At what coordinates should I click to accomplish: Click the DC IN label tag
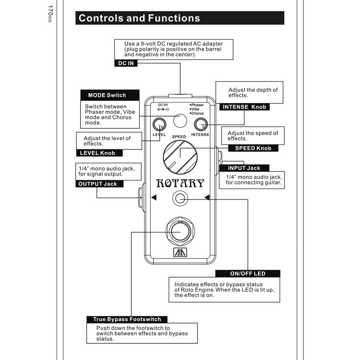126,63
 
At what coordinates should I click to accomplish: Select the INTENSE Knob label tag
244,107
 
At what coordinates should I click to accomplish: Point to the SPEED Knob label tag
253,148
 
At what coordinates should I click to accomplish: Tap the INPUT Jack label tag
244,168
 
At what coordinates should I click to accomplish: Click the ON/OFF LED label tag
248,274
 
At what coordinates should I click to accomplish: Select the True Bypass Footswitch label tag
127,319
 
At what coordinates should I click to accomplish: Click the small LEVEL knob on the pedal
159,125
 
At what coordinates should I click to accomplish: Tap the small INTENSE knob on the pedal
201,125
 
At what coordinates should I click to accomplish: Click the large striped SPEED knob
180,157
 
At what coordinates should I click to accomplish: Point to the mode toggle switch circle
180,121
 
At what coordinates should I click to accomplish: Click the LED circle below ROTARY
180,198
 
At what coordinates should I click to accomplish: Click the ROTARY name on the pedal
180,183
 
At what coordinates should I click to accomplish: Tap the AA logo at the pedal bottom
180,252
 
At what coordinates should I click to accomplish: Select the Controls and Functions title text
139,18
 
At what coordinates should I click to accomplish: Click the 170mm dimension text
50,14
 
